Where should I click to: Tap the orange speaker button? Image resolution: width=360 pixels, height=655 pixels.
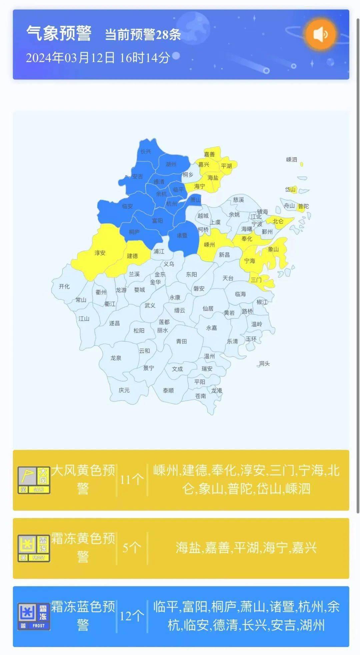coord(320,34)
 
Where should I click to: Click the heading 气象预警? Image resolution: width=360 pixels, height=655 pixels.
coord(59,34)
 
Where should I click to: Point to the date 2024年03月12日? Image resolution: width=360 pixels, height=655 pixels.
coord(70,58)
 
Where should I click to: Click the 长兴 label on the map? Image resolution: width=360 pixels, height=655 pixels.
coord(146,152)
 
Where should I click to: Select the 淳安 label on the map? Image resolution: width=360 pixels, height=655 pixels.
coord(100,253)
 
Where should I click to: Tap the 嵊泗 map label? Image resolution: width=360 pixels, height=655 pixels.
coord(291,160)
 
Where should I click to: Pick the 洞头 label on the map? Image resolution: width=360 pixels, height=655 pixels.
coord(264,363)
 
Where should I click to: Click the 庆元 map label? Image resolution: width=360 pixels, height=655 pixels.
coord(124,390)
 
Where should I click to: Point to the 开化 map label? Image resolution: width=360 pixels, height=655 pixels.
coord(64,287)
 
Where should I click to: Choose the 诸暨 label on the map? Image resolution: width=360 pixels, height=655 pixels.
coord(182,236)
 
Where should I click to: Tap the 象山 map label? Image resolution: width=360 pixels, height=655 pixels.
coord(273,249)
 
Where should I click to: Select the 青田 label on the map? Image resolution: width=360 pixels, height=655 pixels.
coord(181,341)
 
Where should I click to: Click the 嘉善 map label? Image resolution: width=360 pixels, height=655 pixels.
coord(209,154)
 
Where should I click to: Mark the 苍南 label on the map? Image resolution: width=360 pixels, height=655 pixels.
coord(200,396)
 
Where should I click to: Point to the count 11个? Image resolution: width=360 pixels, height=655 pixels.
coord(132,480)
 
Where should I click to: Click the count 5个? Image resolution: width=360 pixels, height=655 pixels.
coord(132,548)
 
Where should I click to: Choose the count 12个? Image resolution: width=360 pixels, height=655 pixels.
coord(132,616)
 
